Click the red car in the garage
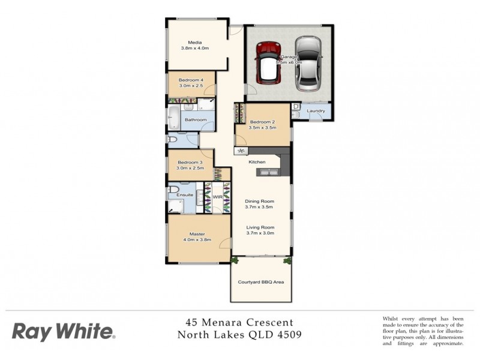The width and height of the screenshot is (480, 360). click(269, 62)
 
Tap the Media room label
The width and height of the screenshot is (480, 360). click(194, 43)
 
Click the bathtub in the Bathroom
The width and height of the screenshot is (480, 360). click(173, 118)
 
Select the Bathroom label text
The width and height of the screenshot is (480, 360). click(196, 119)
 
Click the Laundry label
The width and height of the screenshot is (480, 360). click(316, 111)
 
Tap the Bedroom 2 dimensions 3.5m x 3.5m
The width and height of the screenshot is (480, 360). click(262, 128)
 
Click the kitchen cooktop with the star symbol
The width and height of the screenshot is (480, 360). click(241, 151)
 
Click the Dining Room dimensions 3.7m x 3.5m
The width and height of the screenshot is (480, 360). click(259, 207)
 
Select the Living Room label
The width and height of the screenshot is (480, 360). click(259, 227)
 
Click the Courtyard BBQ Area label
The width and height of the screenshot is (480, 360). click(261, 281)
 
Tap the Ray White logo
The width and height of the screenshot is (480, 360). click(64, 331)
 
